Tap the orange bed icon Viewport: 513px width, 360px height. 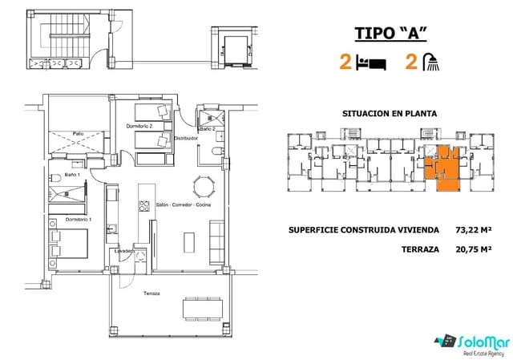[x=369, y=63]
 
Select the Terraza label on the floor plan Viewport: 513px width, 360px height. [x=151, y=293]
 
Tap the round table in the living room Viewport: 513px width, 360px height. [x=207, y=188]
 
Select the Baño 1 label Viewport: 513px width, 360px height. [x=71, y=174]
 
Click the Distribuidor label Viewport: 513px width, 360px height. [x=186, y=138]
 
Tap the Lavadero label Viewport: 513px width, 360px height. [x=125, y=250]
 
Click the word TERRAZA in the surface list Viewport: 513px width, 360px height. [x=420, y=249]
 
